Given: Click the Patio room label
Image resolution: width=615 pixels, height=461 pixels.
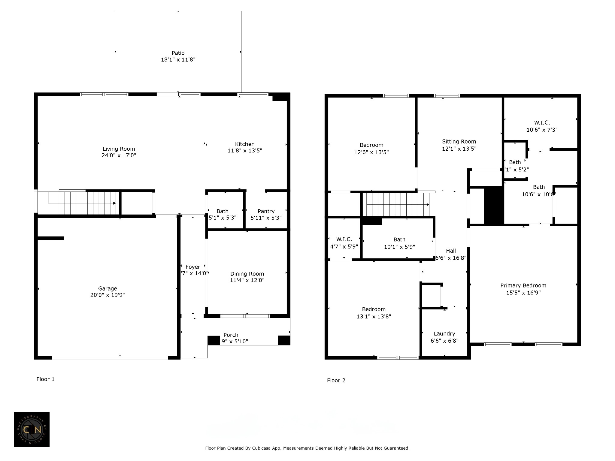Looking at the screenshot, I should (x=178, y=53).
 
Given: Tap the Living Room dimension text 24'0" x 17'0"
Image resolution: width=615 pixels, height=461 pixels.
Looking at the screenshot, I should (x=119, y=155).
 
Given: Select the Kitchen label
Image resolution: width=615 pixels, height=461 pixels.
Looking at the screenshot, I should (x=245, y=144).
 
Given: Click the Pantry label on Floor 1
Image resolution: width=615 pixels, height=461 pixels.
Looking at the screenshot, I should (x=266, y=211).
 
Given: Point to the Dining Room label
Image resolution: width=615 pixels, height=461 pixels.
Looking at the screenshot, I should (x=247, y=274).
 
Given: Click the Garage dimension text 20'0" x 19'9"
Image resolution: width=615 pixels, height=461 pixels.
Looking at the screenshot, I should (x=108, y=295).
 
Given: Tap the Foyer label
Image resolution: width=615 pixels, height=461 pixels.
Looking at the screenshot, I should (x=193, y=267).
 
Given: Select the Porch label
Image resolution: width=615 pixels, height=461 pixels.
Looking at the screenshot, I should (x=231, y=335).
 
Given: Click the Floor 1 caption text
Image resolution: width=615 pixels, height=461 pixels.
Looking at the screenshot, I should (x=46, y=379).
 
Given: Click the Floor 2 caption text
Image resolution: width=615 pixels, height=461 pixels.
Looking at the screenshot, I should (x=336, y=381).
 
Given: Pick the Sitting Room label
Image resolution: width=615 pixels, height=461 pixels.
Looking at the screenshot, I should (x=459, y=142).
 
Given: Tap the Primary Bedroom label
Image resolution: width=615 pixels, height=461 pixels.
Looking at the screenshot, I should (x=523, y=286).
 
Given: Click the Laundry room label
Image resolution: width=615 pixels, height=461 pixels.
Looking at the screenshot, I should (x=444, y=334).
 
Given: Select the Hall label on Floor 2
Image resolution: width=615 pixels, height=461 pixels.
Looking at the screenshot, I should (x=451, y=251).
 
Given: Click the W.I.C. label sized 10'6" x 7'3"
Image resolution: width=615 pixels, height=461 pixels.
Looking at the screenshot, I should (x=542, y=123).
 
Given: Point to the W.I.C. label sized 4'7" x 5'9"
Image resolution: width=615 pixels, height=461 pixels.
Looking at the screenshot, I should (x=344, y=240).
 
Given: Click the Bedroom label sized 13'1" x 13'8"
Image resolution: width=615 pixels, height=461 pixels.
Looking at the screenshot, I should (x=374, y=309).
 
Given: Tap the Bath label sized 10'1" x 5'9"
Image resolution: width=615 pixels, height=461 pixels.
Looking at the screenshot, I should (x=399, y=240).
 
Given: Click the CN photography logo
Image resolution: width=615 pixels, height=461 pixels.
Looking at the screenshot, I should (x=32, y=429).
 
